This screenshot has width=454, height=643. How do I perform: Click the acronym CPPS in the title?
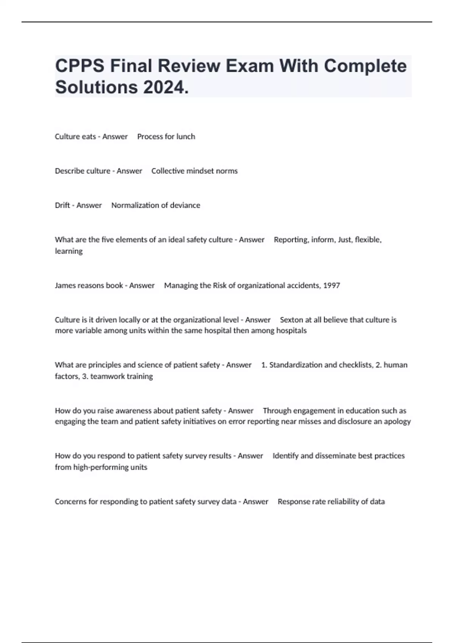pos(79,66)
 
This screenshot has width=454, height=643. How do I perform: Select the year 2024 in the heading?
pos(166,87)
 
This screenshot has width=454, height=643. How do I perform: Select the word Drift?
pos(62,205)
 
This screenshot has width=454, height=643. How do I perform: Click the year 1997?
pos(331,286)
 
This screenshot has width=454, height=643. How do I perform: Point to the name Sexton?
pos(291,320)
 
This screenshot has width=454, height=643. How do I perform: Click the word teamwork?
pos(107,376)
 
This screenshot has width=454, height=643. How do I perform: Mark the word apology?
pos(397,422)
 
